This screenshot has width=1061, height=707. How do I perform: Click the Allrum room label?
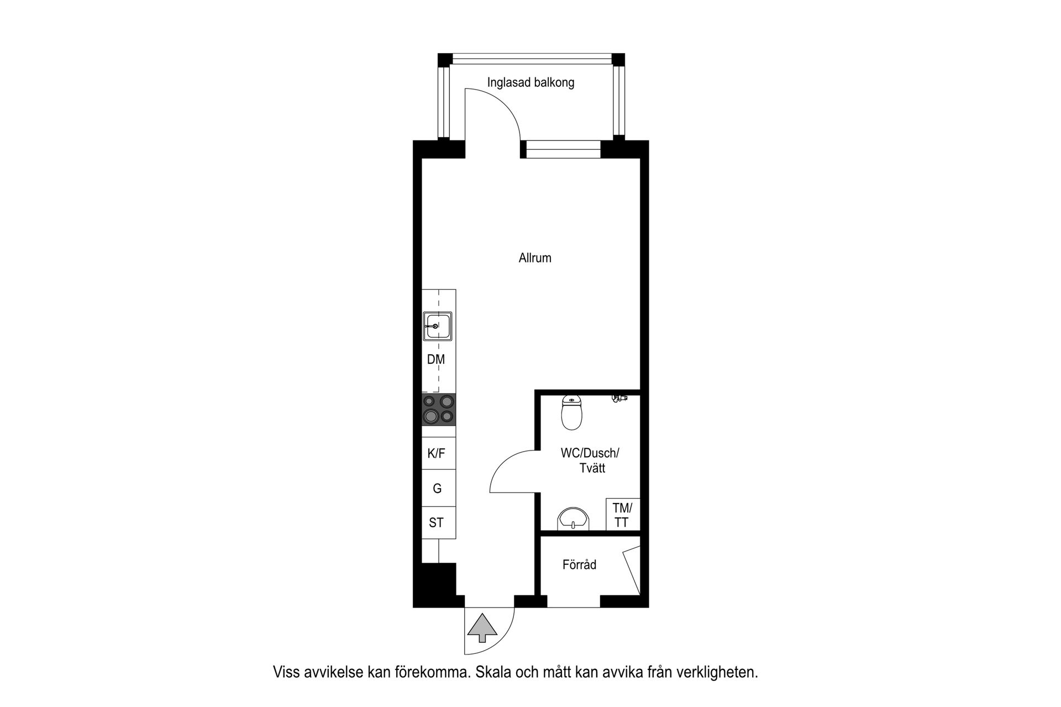click(535, 258)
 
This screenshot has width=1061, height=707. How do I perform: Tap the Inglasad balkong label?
click(530, 83)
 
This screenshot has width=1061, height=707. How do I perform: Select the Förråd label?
click(579, 565)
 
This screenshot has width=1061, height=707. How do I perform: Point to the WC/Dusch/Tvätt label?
click(590, 460)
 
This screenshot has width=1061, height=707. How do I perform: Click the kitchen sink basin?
click(438, 326)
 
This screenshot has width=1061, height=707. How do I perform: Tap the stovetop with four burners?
click(439, 410)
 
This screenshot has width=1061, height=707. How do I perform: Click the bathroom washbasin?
click(574, 519)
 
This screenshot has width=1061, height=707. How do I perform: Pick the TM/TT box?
click(622, 515)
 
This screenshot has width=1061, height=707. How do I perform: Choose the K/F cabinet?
click(437, 454)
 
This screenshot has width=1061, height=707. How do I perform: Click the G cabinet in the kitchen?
click(437, 489)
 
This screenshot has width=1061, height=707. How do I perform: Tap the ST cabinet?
click(437, 523)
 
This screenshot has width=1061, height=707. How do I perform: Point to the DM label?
click(436, 360)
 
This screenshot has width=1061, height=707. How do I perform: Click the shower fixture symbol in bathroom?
click(619, 397)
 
